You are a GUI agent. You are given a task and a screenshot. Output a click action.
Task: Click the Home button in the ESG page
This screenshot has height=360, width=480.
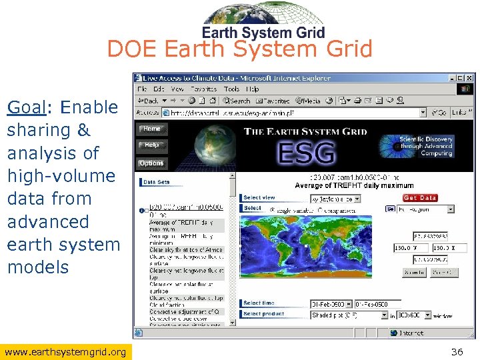(x=152, y=129)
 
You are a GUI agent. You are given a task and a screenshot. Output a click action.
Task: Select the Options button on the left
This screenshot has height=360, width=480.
(x=151, y=163)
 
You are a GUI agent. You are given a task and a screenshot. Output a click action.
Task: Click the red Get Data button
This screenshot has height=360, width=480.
(x=420, y=198)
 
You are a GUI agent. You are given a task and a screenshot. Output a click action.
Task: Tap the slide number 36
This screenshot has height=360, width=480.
(x=457, y=351)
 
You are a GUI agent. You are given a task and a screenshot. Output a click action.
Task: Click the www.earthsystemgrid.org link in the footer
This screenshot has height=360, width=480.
(x=65, y=351)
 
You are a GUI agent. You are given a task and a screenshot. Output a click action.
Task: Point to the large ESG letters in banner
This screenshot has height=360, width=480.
(x=306, y=153)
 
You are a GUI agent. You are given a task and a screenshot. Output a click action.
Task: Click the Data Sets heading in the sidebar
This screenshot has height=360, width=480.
(x=157, y=182)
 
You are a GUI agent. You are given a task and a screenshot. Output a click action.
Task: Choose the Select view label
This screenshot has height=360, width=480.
(x=259, y=198)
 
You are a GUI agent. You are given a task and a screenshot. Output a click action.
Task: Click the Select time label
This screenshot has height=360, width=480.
(x=259, y=303)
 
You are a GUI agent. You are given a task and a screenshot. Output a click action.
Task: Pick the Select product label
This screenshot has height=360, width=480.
(x=264, y=314)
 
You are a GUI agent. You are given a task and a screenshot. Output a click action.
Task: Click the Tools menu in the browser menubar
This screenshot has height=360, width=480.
(x=231, y=89)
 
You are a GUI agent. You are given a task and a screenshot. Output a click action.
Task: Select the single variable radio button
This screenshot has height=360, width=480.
(x=273, y=209)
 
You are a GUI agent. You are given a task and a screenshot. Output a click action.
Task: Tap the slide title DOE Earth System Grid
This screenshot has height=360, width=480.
(x=239, y=49)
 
